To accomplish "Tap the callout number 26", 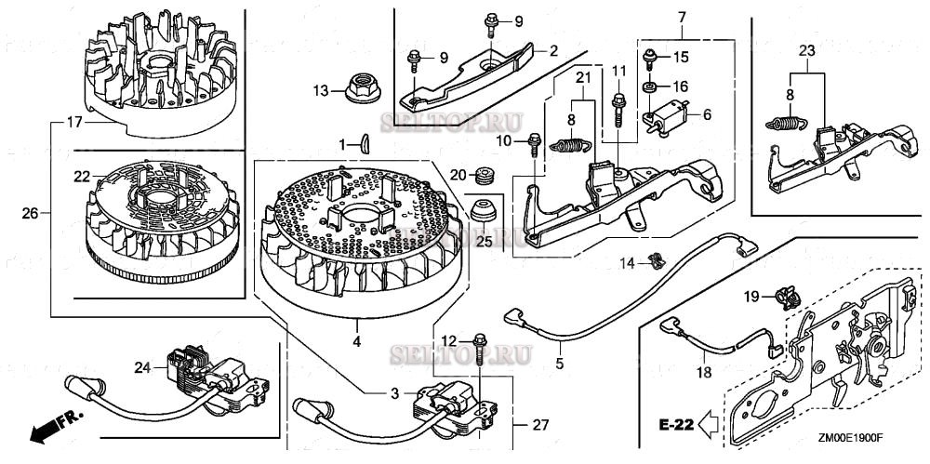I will click(31, 213).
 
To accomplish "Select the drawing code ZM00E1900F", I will click(852, 444).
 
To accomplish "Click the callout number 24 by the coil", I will click(142, 366).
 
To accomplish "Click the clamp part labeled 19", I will click(786, 297).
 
